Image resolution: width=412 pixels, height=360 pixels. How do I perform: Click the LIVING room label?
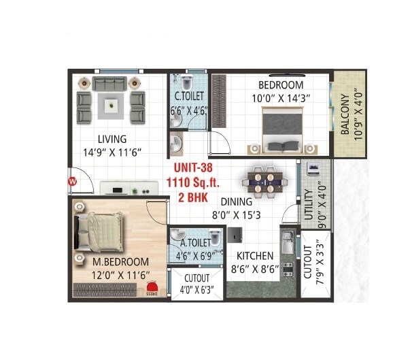point(111,140)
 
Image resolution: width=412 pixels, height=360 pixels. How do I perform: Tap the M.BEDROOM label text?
point(122,262)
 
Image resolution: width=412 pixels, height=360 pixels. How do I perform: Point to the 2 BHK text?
point(192,195)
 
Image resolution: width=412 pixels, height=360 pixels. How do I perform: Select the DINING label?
point(236,202)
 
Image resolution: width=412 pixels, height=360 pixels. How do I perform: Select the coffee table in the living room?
point(111,104)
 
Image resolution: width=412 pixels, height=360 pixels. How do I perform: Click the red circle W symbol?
point(72,182)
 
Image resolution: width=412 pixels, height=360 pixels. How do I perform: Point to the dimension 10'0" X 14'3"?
point(280,98)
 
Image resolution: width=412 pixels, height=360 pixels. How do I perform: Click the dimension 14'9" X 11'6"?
point(111,152)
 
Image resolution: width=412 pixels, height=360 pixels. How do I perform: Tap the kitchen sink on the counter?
point(286,242)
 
